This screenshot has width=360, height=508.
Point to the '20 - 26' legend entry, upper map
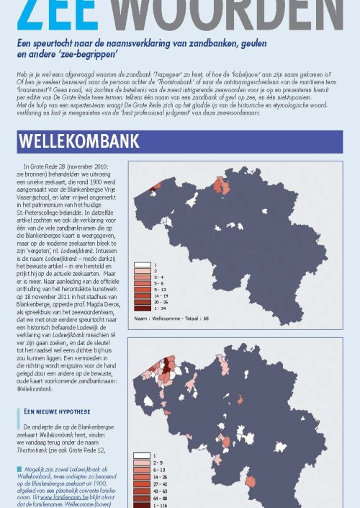(x=161, y=302)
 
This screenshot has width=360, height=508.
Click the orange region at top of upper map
(x=220, y=184)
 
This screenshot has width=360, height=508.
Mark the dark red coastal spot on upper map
(x=153, y=189)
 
